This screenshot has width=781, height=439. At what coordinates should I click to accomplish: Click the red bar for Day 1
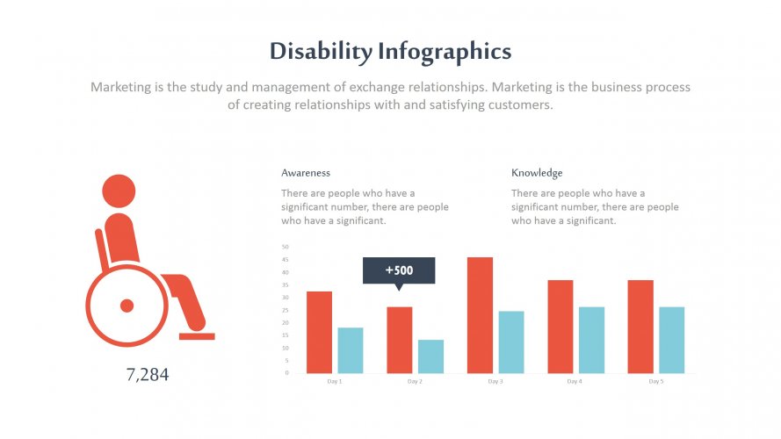click(x=319, y=332)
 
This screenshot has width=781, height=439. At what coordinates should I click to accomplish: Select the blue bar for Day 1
click(x=350, y=350)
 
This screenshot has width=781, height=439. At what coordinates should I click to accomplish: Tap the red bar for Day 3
click(x=480, y=315)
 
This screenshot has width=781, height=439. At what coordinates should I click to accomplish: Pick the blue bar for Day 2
click(x=430, y=356)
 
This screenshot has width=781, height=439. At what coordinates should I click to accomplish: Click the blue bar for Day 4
click(x=591, y=340)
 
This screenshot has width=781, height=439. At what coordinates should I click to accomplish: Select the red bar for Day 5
click(x=640, y=327)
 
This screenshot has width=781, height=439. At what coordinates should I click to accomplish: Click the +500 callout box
click(x=399, y=270)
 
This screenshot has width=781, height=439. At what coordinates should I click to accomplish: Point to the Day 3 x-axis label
click(x=495, y=382)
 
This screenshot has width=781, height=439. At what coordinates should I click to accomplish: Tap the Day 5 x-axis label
click(x=655, y=382)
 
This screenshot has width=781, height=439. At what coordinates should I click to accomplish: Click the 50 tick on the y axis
click(x=285, y=247)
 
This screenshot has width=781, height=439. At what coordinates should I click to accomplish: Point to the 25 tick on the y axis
click(x=285, y=310)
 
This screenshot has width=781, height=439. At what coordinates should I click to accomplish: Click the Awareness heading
click(x=306, y=173)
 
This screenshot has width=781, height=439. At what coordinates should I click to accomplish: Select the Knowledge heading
click(x=537, y=173)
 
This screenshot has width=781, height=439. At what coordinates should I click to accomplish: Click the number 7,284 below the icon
click(x=148, y=375)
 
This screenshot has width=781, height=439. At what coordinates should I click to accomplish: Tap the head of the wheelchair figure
click(x=119, y=191)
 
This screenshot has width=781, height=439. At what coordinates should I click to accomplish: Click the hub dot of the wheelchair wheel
click(x=127, y=306)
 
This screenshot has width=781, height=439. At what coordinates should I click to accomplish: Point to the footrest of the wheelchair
click(x=197, y=335)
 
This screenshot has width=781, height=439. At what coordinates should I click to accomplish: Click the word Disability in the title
click(x=321, y=52)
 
